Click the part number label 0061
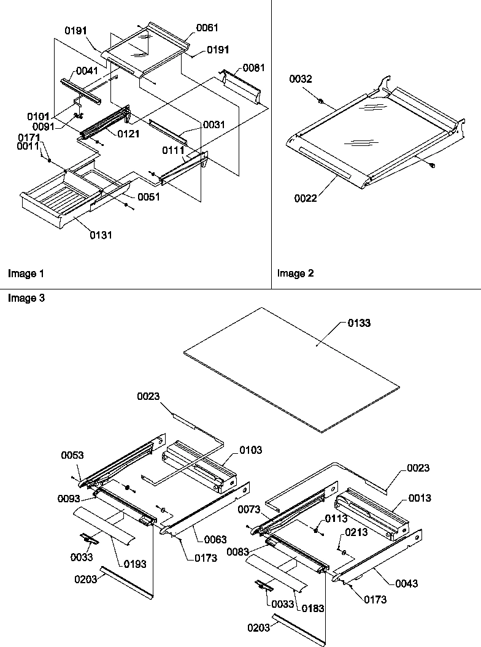(207, 28)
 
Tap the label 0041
(87, 71)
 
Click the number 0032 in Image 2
(301, 79)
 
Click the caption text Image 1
(26, 274)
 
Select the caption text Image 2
(295, 274)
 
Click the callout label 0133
(359, 323)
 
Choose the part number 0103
(250, 450)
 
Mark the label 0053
(73, 455)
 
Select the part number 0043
(406, 584)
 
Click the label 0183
(312, 608)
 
